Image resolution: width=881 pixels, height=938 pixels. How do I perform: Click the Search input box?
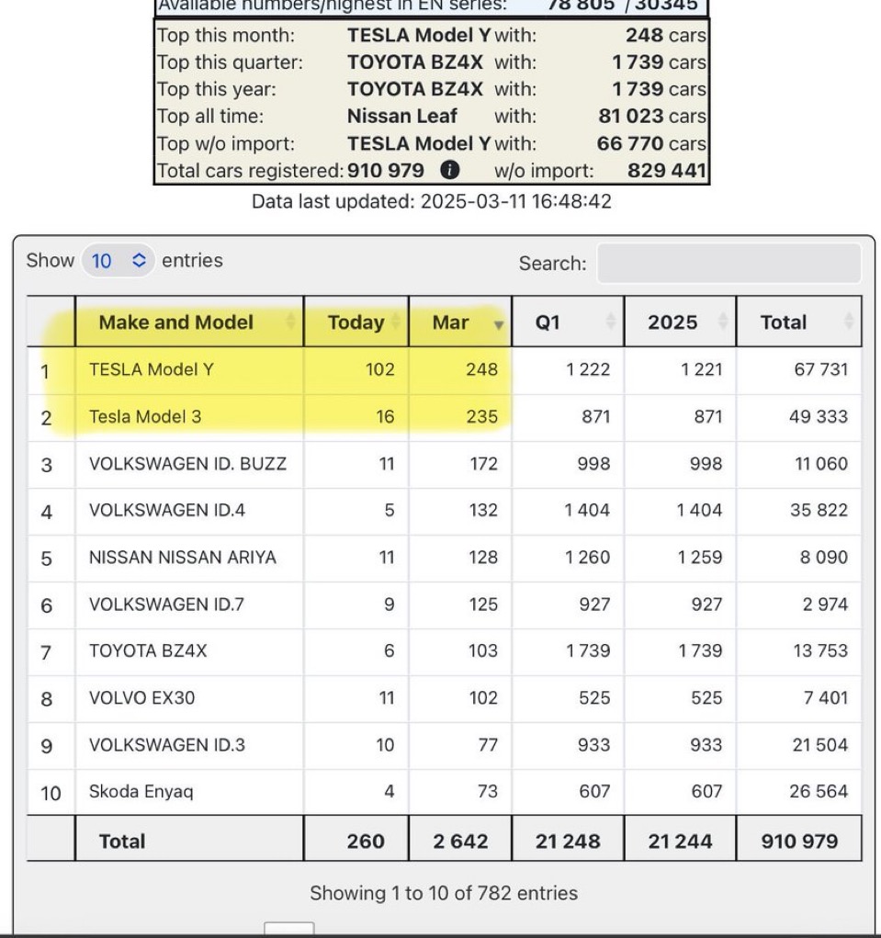coord(729,263)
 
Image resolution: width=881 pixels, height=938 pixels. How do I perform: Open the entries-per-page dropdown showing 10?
coord(117,261)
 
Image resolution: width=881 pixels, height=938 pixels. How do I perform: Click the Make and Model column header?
coord(175,322)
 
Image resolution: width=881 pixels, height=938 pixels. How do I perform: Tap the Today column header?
coord(356,322)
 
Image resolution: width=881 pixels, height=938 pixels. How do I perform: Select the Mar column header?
coord(451,322)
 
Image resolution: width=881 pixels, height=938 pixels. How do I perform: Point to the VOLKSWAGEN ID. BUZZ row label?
coord(187,464)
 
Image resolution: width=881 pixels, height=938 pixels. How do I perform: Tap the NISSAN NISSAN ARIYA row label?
coord(182,558)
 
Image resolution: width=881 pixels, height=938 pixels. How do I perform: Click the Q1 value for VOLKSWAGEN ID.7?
coord(593,605)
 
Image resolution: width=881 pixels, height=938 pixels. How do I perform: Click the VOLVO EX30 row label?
coord(141,698)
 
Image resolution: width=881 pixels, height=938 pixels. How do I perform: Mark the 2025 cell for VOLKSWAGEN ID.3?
coord(706,745)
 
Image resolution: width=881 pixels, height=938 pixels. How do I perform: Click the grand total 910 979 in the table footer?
coord(799,841)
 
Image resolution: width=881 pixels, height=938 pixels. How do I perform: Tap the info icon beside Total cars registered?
coord(449,170)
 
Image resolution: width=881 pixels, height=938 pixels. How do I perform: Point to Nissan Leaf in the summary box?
coord(401,117)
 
